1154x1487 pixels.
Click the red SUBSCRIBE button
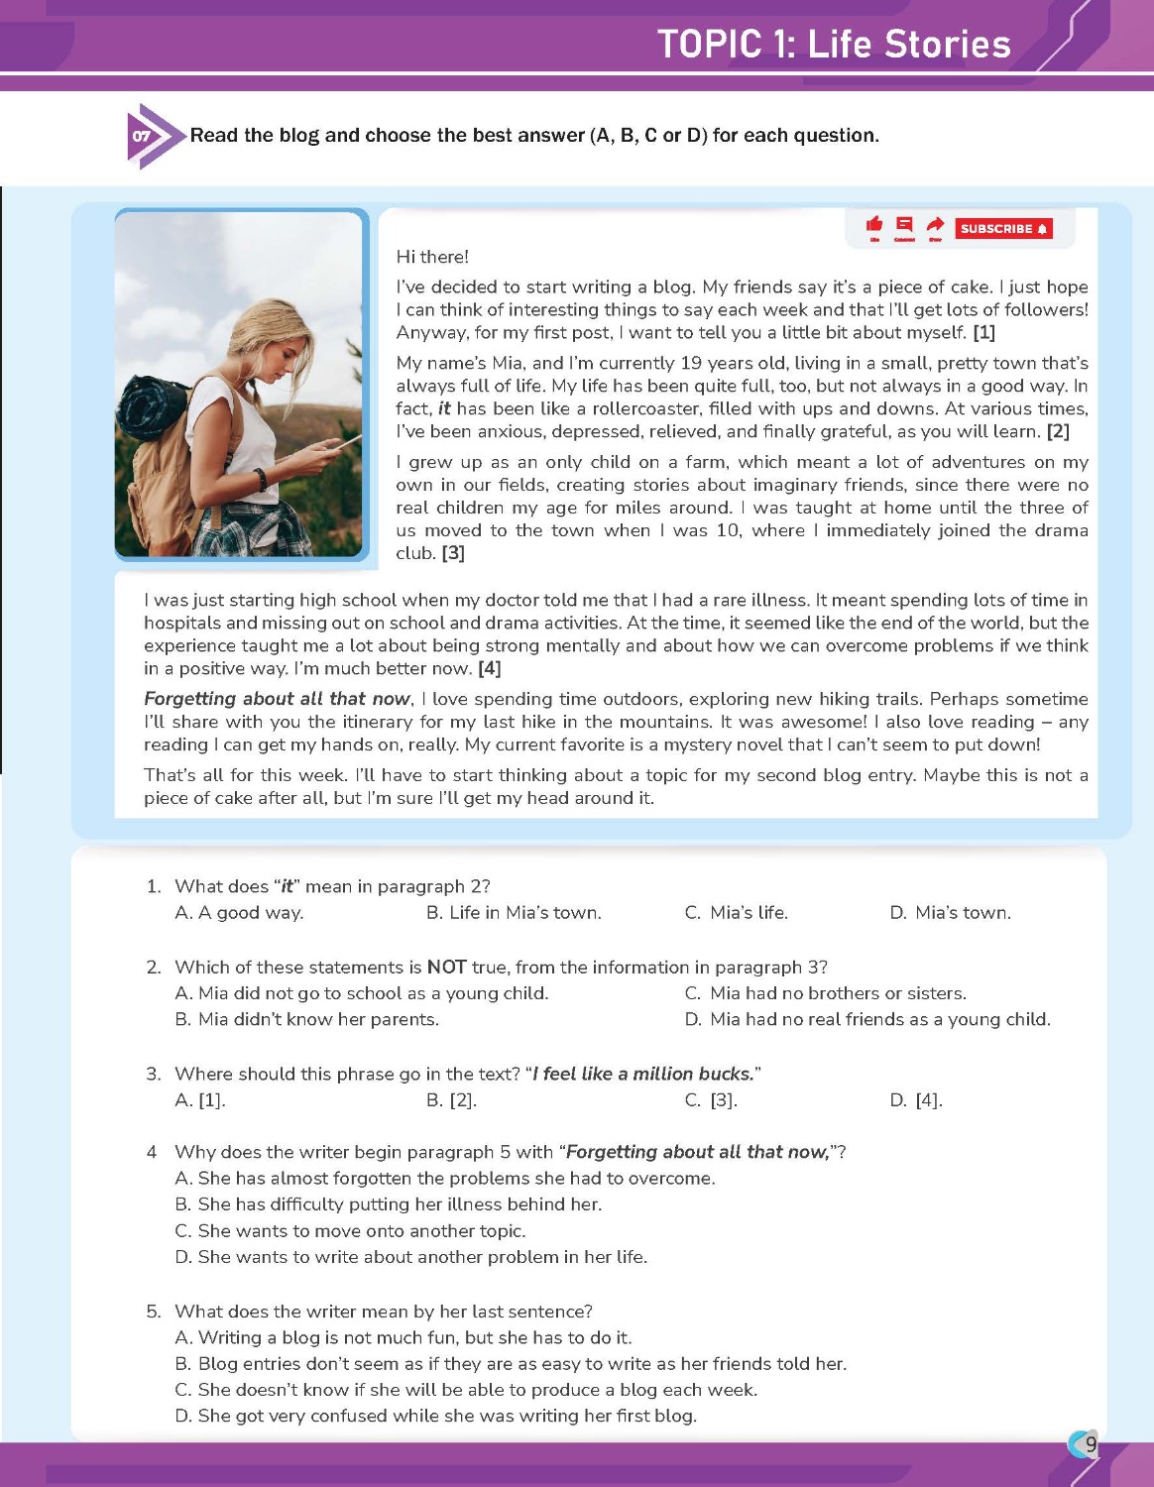1003,229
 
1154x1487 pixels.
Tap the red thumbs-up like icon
874,225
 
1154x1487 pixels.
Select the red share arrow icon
935,225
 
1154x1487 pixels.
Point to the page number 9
1091,1444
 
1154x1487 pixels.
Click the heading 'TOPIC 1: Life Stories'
834,45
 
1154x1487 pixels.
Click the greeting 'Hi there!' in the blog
432,257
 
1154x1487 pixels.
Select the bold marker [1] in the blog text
983,333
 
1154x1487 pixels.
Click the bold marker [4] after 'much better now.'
489,669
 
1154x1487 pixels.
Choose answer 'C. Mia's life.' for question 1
737,913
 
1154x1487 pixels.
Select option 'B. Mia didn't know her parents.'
307,1019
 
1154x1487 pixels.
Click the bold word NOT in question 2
447,968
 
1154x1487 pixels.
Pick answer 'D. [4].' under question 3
916,1099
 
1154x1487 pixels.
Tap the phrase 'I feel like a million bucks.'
645,1074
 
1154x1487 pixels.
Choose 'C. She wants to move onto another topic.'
351,1230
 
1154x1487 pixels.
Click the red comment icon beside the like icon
904,225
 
